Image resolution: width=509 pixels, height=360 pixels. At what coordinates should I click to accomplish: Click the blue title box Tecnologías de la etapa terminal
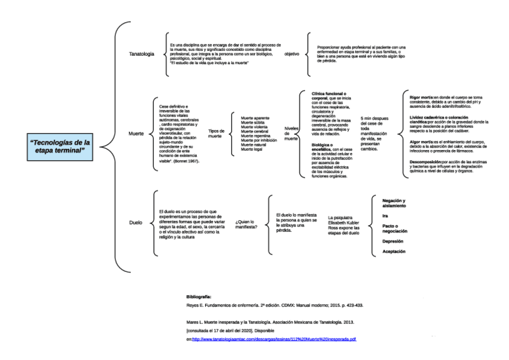click(x=60, y=146)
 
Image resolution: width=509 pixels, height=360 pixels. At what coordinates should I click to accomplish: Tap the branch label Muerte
click(x=136, y=133)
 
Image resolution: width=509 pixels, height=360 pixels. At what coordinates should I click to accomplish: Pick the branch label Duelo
click(x=136, y=223)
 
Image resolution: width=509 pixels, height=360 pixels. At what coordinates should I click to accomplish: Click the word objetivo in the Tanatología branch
click(x=292, y=54)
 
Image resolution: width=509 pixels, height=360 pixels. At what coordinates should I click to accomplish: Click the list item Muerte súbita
click(x=253, y=123)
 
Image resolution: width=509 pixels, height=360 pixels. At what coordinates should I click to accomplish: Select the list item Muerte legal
click(x=251, y=148)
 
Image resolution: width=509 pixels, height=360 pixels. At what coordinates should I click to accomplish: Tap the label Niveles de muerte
click(x=291, y=133)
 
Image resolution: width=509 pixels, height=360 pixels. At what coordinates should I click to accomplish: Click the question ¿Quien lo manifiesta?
click(x=247, y=224)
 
